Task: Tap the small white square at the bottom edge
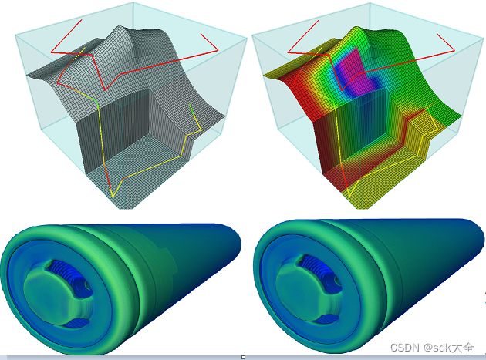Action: tap(243, 357)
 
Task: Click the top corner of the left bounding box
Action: tap(133, 2)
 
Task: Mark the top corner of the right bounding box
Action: tap(370, 3)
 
